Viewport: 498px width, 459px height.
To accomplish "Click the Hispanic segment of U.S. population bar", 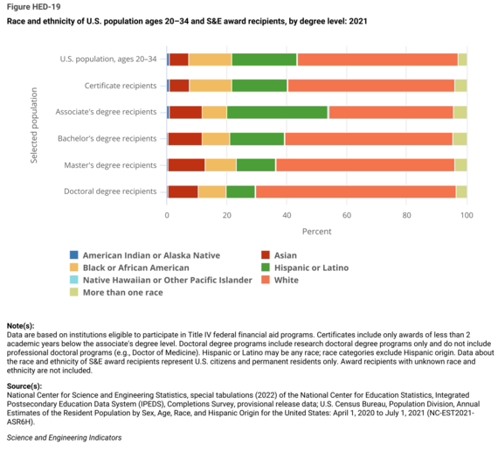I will tap(264, 59).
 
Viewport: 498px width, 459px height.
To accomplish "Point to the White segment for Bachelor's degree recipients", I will tap(368, 138).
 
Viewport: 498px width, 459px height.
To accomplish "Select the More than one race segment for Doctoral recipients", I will tap(461, 191).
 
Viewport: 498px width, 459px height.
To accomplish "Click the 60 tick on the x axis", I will tap(347, 215).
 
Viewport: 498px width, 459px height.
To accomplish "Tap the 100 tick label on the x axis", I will tap(467, 215).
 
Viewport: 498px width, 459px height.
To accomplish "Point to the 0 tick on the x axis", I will tap(167, 215).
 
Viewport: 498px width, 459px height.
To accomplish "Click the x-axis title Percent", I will tap(317, 233).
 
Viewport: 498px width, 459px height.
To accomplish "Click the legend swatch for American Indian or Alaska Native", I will tap(76, 255).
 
